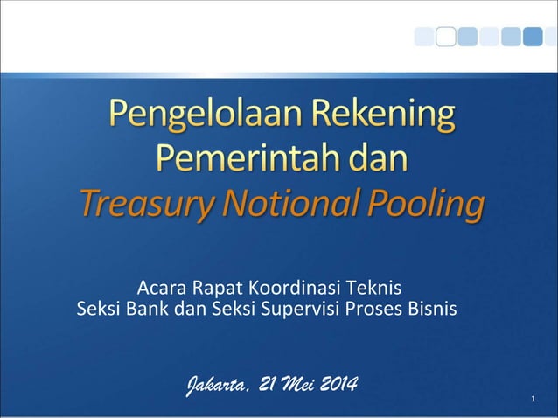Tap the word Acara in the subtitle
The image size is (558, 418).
pos(163,287)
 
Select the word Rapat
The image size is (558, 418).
pos(219,287)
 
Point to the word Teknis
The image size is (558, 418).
pos(376,287)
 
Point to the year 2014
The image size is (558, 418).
pos(339,386)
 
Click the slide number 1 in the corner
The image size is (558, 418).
pos(533,401)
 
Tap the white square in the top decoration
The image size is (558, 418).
pos(446,36)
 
